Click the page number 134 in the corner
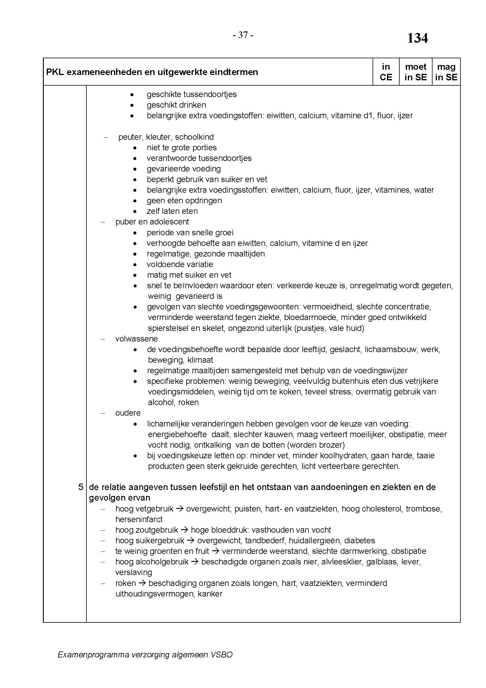(418, 38)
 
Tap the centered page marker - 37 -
(243, 35)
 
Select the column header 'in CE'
(386, 72)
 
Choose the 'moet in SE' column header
(415, 72)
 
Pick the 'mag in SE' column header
(446, 72)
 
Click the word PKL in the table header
(55, 72)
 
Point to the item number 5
(81, 487)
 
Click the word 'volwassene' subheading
(136, 339)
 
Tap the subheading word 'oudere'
(128, 413)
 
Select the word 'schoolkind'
(194, 137)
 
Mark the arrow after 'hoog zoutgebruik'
(184, 530)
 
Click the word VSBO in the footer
(222, 654)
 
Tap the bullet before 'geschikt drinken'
(132, 105)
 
